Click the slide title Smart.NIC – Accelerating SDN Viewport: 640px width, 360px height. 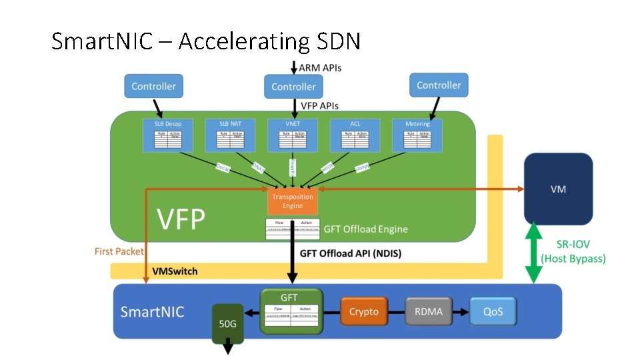tap(206, 41)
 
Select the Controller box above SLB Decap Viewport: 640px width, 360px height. tap(153, 86)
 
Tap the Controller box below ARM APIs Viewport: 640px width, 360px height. tap(293, 87)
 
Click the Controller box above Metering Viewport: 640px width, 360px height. tap(439, 85)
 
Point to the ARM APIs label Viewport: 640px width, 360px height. tap(320, 67)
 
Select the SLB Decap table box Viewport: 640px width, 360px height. tap(168, 135)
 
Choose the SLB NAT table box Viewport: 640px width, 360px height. tap(231, 135)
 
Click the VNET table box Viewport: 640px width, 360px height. tap(293, 135)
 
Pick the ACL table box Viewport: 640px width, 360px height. tap(355, 135)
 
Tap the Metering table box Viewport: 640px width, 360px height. tap(417, 135)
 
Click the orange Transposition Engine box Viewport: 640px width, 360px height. tap(293, 201)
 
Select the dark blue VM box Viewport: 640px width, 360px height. tap(558, 189)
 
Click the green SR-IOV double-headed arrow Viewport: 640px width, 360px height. tap(533, 254)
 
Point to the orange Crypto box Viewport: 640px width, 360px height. tap(364, 311)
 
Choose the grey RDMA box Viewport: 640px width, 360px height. tap(429, 311)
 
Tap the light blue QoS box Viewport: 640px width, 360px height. tap(493, 311)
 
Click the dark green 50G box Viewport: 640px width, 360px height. tap(227, 323)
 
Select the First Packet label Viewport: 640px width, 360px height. tap(119, 251)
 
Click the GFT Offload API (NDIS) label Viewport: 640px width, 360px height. tap(351, 253)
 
